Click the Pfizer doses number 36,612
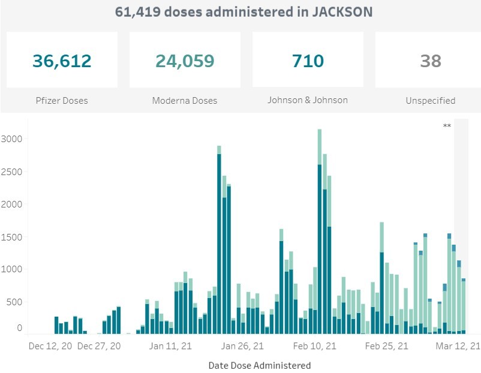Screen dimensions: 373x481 click(62, 61)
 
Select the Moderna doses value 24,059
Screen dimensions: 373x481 click(185, 61)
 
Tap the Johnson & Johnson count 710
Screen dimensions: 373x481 click(308, 61)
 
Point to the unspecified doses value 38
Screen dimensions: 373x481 click(431, 61)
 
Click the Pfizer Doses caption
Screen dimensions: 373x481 click(62, 101)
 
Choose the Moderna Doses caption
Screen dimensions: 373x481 click(185, 101)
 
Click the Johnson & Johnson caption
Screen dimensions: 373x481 click(308, 100)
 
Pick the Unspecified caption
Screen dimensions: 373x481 click(431, 101)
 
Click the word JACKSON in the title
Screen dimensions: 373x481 click(340, 11)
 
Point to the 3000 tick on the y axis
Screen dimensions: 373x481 click(11, 139)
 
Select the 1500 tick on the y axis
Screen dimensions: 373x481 click(11, 237)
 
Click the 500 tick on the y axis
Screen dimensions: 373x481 click(14, 302)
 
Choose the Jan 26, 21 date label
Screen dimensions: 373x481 click(242, 346)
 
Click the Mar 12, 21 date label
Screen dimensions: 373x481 click(457, 346)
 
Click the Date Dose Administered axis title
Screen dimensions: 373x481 click(259, 365)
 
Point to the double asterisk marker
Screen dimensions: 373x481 click(447, 126)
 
